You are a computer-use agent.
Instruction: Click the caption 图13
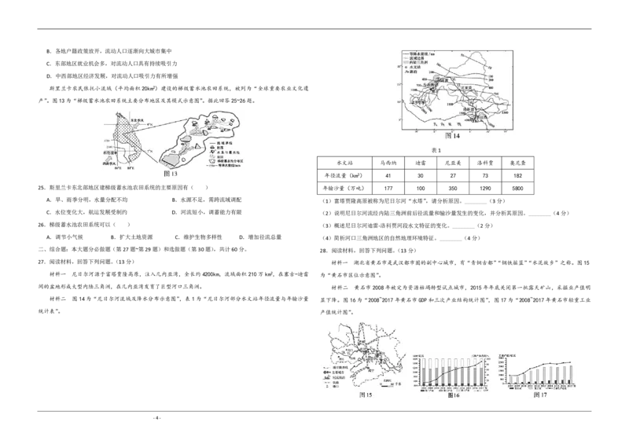click(x=171, y=173)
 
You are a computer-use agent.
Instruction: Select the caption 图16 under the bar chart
click(x=454, y=394)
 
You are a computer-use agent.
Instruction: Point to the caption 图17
click(x=540, y=394)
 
